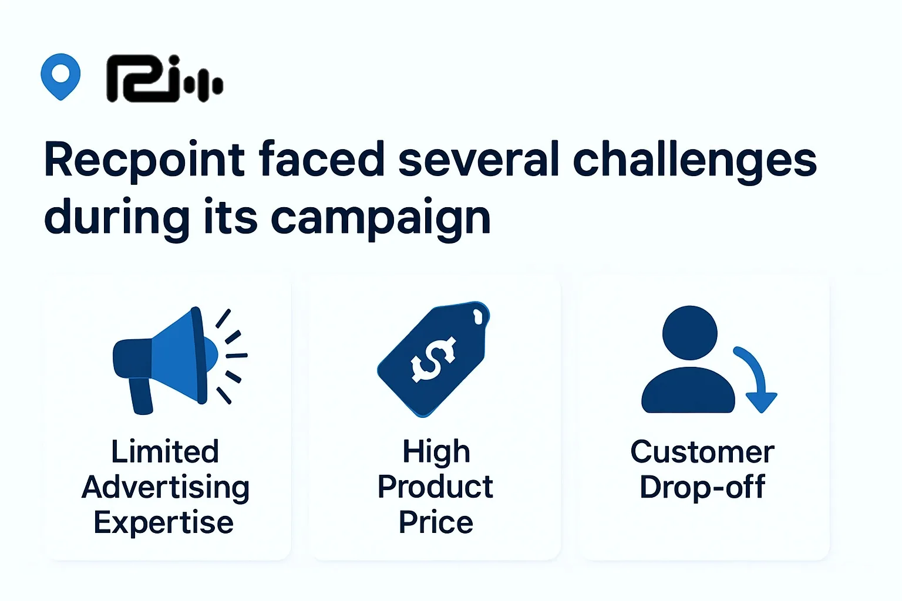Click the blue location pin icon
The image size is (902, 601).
point(60,76)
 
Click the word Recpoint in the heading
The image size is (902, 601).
point(144,160)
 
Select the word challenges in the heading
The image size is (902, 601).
point(694,160)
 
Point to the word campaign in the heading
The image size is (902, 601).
point(381,218)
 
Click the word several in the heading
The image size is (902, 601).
point(479,160)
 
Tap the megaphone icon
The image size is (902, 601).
point(170,358)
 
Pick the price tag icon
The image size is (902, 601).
point(433,359)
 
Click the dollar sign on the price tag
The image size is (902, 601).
point(433,359)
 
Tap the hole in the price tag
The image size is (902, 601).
point(478,317)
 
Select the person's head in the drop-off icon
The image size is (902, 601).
point(689,332)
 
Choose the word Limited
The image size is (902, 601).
point(165,452)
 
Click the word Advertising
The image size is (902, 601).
point(166,487)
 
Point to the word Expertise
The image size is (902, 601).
point(164,522)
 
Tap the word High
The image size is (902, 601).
point(436,452)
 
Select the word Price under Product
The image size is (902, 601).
point(436,522)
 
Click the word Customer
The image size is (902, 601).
point(702,452)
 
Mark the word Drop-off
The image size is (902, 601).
point(702,487)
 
